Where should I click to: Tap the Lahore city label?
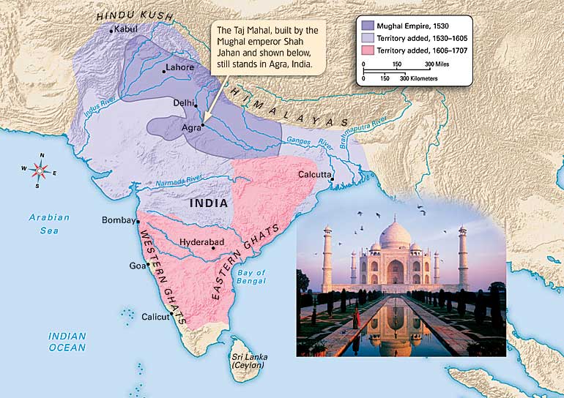180,67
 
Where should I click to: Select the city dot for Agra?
203,125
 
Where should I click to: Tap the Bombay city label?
118,220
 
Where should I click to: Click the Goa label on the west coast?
138,266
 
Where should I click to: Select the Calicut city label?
155,316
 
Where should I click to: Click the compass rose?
41,170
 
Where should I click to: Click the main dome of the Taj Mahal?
396,237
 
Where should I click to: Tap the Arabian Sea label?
49,222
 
